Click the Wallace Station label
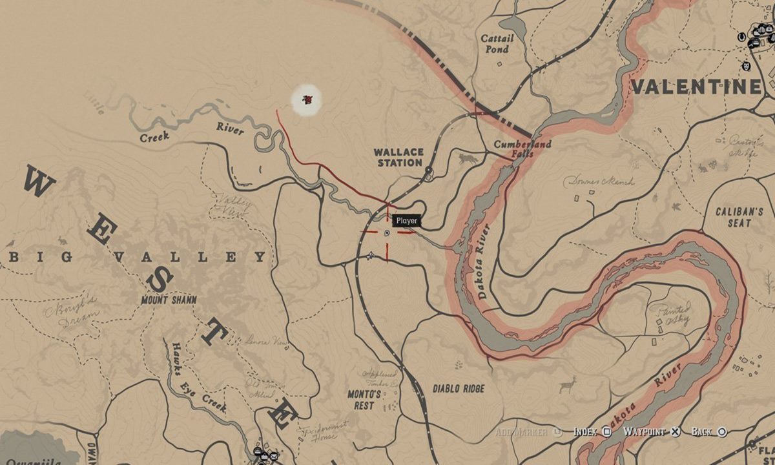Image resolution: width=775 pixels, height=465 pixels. [399, 158]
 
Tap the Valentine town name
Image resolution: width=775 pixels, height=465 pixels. [696, 87]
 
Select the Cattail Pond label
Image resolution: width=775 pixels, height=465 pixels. [497, 44]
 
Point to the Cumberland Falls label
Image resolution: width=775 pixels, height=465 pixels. [522, 149]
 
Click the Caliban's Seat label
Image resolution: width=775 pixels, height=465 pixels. [739, 217]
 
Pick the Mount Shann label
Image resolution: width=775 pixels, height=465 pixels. [169, 300]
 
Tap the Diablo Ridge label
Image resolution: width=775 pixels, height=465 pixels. [458, 389]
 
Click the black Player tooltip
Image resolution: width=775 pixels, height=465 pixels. [407, 221]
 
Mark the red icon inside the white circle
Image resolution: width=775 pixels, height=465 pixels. [307, 100]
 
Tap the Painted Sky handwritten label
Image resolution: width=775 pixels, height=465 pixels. [674, 314]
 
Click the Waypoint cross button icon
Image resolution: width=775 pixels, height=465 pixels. [674, 431]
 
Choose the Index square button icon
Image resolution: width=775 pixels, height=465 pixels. [607, 431]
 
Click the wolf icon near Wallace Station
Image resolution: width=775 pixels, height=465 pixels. [467, 158]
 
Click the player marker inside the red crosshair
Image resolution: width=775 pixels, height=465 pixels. [387, 232]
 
